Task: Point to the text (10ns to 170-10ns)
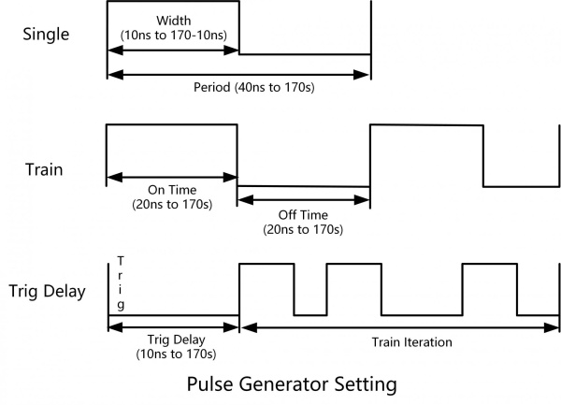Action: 173,35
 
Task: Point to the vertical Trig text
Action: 121,283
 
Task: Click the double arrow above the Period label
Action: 239,75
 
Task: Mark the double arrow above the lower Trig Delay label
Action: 173,326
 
